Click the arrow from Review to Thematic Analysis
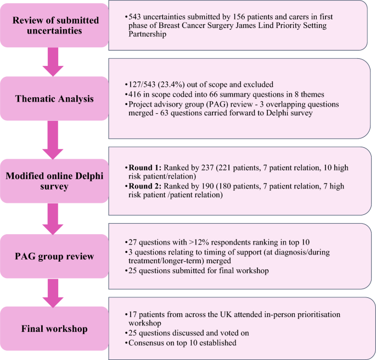[54, 61]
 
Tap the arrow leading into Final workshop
[54, 292]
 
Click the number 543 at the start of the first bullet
[134, 17]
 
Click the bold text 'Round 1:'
[144, 167]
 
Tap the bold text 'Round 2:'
[144, 187]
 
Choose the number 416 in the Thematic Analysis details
[134, 95]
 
